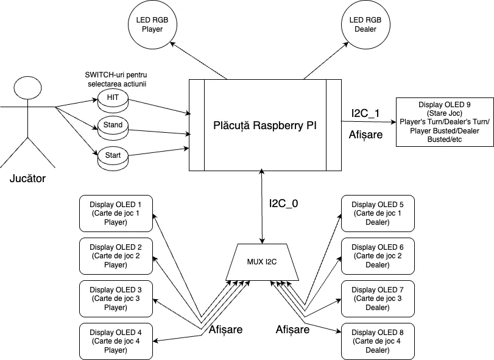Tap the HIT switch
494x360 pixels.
113,98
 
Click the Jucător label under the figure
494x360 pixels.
27,179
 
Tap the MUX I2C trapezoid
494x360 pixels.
262,263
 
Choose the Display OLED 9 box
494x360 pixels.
445,122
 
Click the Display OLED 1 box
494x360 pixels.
116,214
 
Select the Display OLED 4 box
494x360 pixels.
116,341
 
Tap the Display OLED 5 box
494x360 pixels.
378,214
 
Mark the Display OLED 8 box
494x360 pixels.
378,341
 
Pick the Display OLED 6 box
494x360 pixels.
378,256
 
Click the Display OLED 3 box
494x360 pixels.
116,298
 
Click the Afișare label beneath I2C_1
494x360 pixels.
365,135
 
